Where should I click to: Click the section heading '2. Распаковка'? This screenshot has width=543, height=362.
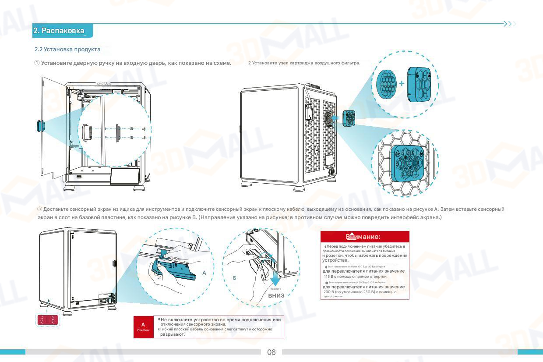(59, 31)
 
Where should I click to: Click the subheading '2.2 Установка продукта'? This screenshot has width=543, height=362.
(67, 49)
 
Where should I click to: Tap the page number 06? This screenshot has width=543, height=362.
(271, 352)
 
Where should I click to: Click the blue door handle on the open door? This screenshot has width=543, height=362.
(39, 125)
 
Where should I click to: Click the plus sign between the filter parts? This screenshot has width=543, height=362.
(402, 83)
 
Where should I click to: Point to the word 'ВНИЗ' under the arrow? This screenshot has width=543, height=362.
(276, 295)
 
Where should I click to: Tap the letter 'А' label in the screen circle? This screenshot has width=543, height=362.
(204, 273)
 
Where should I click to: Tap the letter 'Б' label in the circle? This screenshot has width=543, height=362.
(235, 278)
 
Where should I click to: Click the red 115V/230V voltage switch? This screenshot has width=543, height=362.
(47, 320)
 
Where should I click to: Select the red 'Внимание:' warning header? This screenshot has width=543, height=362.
(365, 237)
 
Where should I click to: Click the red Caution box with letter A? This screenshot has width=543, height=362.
(143, 327)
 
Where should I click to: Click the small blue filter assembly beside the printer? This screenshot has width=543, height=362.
(349, 118)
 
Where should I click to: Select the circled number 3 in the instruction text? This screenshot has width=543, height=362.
(39, 209)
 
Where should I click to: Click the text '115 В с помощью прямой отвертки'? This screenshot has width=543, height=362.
(355, 277)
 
